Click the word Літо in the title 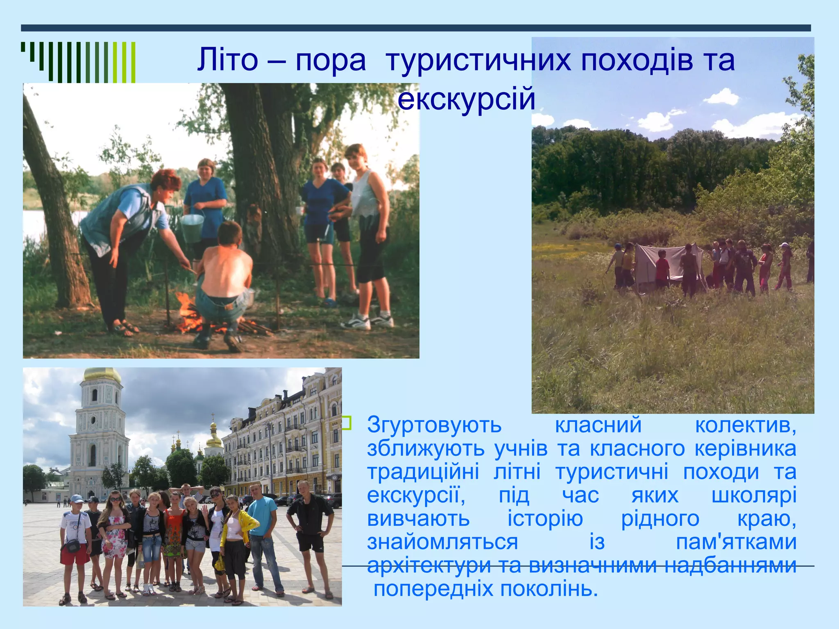(x=227, y=61)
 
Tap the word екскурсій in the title (x=466, y=100)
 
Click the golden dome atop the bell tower (x=102, y=374)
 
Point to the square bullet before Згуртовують (x=347, y=423)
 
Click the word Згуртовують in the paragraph (x=434, y=425)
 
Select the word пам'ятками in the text (x=736, y=543)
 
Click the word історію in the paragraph (x=545, y=519)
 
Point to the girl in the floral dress (x=115, y=536)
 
